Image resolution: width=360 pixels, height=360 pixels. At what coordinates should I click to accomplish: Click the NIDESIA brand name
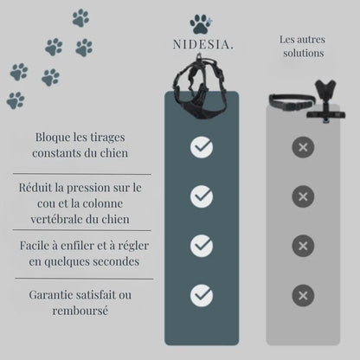(x=202, y=45)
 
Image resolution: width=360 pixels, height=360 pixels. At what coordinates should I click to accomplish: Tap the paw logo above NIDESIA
(x=202, y=24)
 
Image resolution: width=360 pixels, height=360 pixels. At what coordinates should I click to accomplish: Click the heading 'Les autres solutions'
(x=303, y=46)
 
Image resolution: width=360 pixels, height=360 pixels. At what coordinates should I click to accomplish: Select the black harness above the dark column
(x=201, y=87)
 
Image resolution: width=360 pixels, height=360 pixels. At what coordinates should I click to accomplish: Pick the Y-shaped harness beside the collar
(x=326, y=100)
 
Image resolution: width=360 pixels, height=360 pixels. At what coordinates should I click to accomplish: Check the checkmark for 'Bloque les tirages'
(x=202, y=147)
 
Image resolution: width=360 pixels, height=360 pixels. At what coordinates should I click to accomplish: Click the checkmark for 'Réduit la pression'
(x=202, y=196)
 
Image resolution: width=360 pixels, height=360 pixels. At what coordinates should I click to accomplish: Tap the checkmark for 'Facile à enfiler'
(x=202, y=246)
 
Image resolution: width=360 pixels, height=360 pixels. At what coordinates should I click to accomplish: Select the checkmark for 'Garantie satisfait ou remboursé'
(x=202, y=295)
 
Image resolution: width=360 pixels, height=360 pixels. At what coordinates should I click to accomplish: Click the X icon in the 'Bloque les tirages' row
(x=303, y=147)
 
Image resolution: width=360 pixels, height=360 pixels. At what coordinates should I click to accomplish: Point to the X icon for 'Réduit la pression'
(x=303, y=196)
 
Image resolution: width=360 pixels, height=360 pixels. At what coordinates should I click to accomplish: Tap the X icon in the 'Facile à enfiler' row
(x=303, y=246)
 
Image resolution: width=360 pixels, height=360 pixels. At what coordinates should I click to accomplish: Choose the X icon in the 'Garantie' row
(x=303, y=295)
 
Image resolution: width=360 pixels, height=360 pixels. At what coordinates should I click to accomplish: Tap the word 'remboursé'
(x=80, y=311)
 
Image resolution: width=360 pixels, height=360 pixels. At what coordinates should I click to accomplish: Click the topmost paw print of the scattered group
(x=80, y=17)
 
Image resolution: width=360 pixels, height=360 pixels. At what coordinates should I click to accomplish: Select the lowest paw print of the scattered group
(x=16, y=100)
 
